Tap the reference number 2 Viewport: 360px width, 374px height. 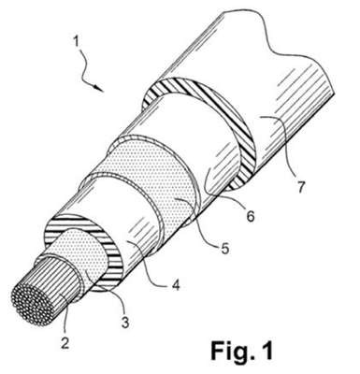pyautogui.click(x=65, y=343)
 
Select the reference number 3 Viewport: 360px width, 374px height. pyautogui.click(x=125, y=323)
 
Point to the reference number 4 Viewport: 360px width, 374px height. pyautogui.click(x=176, y=284)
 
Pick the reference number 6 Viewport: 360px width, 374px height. pyautogui.click(x=250, y=215)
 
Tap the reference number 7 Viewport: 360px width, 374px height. pyautogui.click(x=300, y=186)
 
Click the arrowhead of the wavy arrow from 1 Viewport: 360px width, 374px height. pyautogui.click(x=99, y=88)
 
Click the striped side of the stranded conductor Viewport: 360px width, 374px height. pyautogui.click(x=58, y=287)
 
